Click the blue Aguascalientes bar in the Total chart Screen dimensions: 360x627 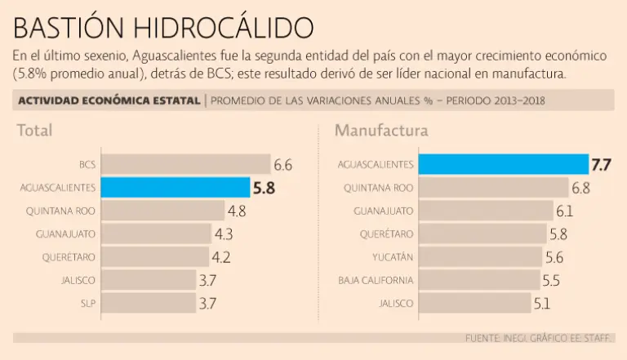point(176,188)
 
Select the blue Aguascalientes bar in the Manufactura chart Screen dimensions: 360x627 point(503,165)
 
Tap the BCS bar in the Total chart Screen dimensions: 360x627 point(185,165)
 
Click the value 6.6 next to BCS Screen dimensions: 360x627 point(282,165)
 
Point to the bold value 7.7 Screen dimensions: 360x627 point(601,165)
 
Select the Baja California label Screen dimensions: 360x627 point(376,280)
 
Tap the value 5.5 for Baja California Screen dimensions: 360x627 point(551,280)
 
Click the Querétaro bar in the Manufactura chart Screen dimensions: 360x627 point(482,234)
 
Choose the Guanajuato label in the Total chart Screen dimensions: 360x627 point(65,234)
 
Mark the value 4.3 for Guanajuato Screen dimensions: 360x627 point(223,234)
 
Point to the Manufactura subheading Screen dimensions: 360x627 point(380,131)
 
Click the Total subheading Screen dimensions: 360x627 point(35,131)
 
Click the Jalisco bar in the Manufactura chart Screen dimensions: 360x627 point(474,304)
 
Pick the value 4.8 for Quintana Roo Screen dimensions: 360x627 point(237,211)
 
